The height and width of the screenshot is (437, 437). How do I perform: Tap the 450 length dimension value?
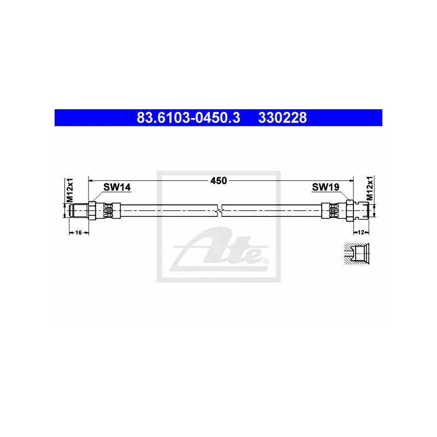click(218, 180)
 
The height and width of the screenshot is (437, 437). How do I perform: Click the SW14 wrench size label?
click(117, 187)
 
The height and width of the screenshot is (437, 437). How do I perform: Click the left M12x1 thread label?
click(69, 190)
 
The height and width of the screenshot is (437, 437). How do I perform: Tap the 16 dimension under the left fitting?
click(78, 233)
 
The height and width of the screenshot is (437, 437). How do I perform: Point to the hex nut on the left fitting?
click(92, 210)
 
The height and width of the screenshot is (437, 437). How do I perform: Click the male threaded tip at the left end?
click(79, 210)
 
